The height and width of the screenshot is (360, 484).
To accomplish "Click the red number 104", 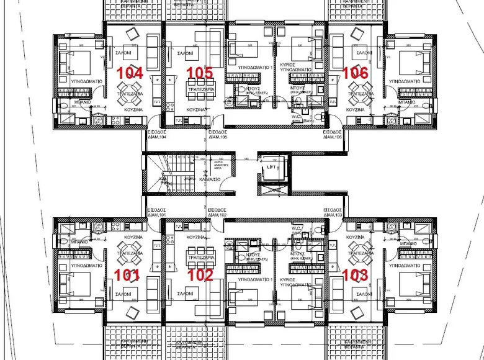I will coord(130,73).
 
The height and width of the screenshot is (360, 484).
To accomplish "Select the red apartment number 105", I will coord(200,73).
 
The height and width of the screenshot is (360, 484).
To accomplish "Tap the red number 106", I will coord(356,73).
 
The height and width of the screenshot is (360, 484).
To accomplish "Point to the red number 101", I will coord(127,274).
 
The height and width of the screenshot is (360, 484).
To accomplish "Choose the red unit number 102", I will coord(200,274).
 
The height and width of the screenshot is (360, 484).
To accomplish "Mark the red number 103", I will coord(356,274).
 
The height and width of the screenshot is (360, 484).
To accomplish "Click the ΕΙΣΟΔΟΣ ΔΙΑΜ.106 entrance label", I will coord(333,135).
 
